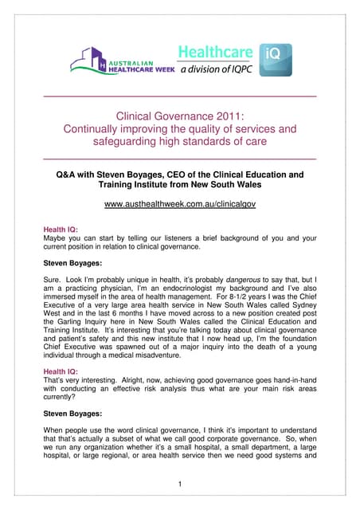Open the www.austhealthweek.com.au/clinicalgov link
point(179,206)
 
